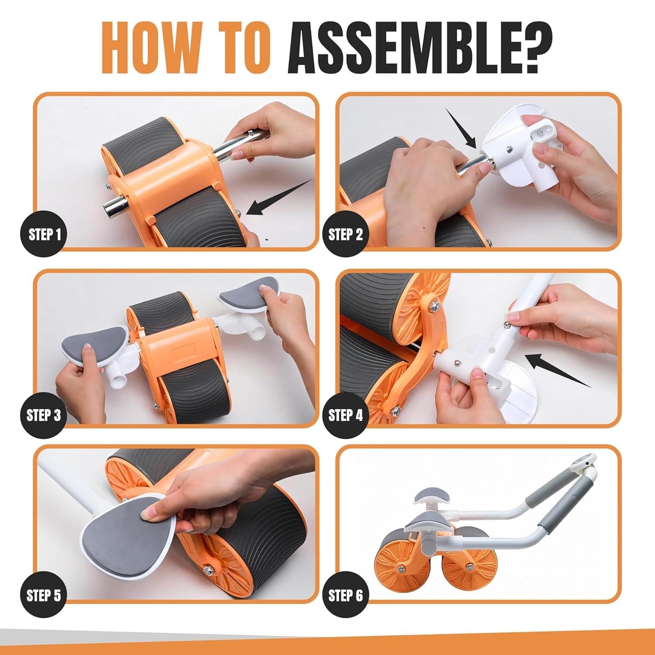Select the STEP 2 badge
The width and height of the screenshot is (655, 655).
(345, 234)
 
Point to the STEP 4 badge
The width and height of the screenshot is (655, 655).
(345, 415)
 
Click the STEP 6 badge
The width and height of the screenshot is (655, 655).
(345, 595)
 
